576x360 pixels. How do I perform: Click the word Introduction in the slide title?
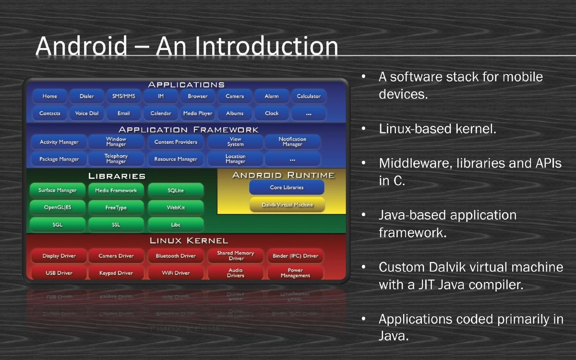click(267, 47)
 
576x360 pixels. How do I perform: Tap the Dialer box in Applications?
click(87, 96)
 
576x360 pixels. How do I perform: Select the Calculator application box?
click(309, 96)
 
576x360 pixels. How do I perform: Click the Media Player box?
click(198, 113)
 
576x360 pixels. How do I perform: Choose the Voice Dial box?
click(87, 113)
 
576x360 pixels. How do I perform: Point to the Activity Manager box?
click(59, 142)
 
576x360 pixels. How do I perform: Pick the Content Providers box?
click(176, 142)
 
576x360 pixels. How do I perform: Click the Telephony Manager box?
click(116, 159)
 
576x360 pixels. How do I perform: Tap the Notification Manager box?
click(292, 142)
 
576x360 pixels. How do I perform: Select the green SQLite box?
click(176, 191)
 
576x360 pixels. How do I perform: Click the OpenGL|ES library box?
click(58, 208)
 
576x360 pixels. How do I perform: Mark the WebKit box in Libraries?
click(176, 208)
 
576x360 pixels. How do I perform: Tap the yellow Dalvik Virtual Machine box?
click(287, 205)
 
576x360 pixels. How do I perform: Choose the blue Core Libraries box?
click(287, 187)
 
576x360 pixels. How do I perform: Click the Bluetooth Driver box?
click(176, 256)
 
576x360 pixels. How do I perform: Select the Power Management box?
click(295, 273)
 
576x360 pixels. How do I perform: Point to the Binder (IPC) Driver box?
click(295, 256)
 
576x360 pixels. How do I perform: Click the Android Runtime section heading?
click(283, 175)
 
